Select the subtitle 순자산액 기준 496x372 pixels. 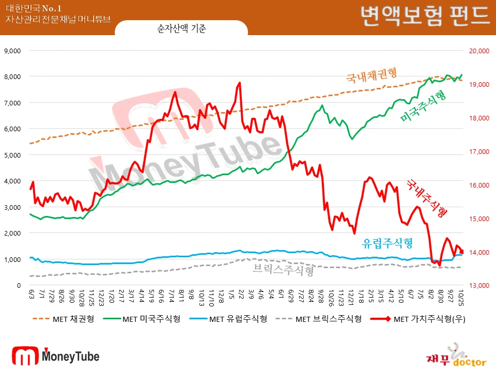click(181, 29)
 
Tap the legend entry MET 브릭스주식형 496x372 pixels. click(329, 319)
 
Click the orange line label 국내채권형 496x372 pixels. click(375, 75)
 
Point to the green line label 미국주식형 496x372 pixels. click(423, 106)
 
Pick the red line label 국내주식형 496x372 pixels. click(427, 197)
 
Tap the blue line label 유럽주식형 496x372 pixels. click(388, 242)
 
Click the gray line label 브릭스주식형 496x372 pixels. click(284, 270)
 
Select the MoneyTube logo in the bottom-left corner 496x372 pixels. click(55, 356)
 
